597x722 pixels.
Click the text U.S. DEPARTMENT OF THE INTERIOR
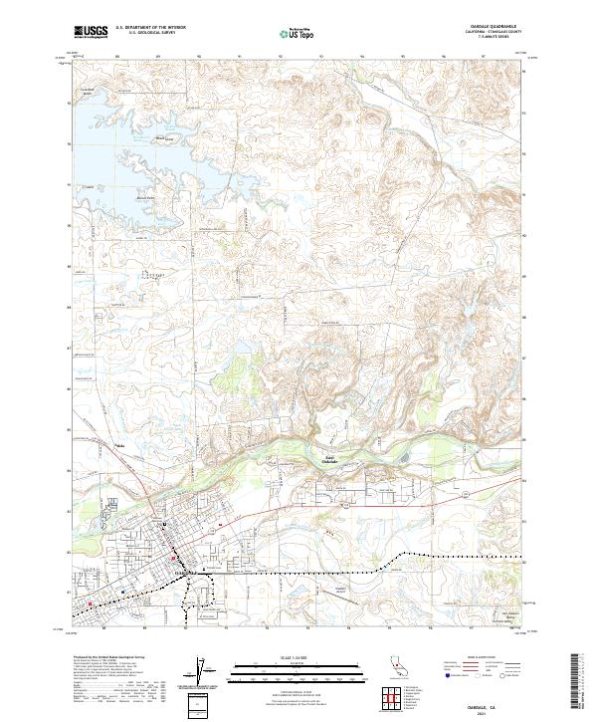pyautogui.click(x=152, y=28)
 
